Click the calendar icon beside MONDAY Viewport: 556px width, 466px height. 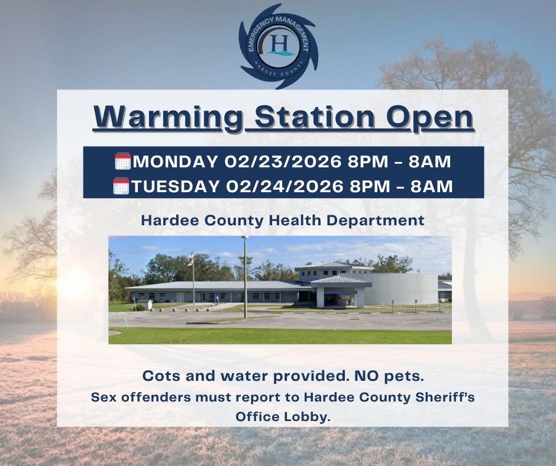tap(122, 161)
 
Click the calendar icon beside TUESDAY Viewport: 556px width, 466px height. tap(121, 186)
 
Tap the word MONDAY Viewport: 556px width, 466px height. tap(176, 161)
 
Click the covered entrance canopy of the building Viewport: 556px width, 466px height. tap(341, 283)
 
